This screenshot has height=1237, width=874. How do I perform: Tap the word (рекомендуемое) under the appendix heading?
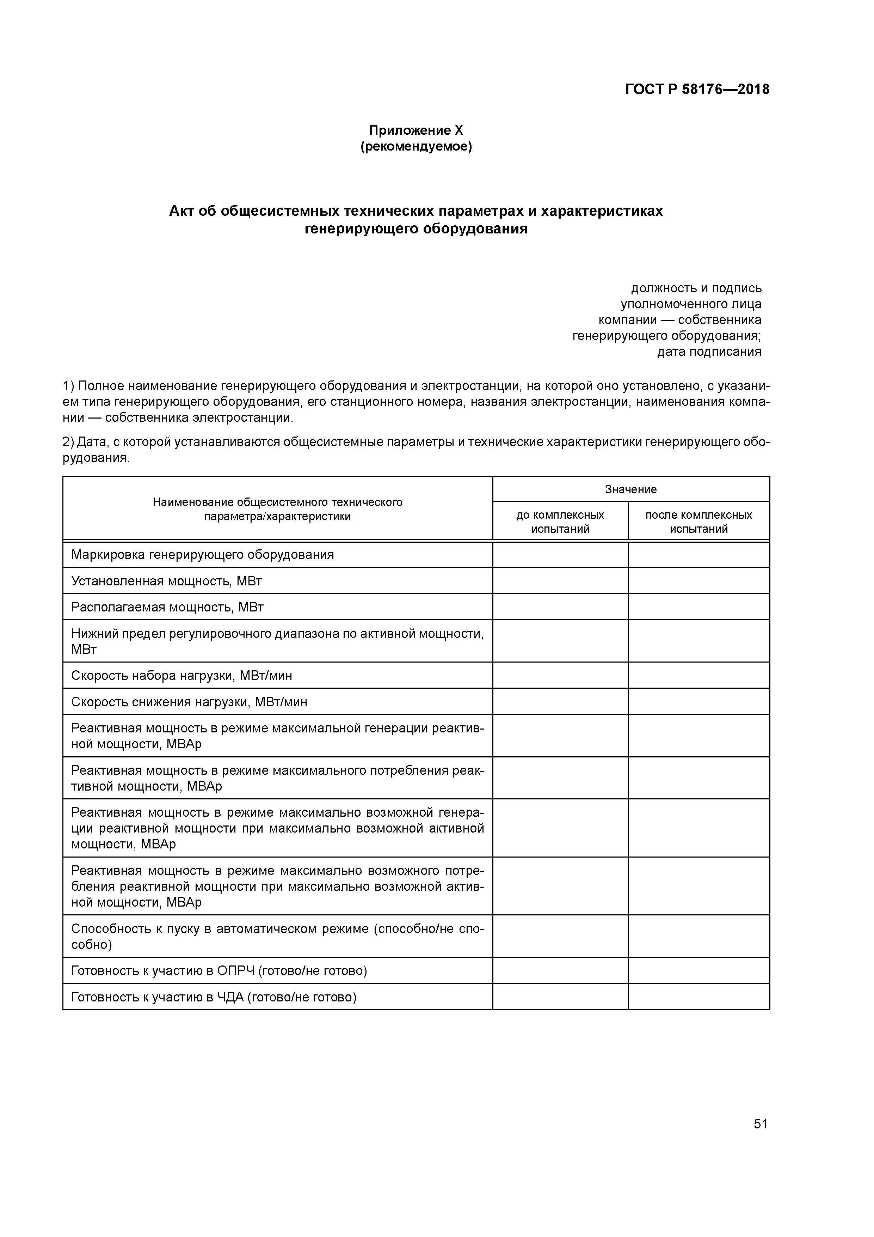tap(416, 147)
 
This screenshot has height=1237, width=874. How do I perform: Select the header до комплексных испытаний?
tap(560, 522)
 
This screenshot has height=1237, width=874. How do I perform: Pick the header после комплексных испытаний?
tap(698, 522)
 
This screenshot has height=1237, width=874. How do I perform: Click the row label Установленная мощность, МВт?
tap(166, 581)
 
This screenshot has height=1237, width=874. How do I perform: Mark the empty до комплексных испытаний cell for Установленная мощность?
tap(560, 581)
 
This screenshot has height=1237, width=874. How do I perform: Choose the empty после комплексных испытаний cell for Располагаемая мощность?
tap(698, 607)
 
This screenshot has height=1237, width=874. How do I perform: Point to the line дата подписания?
tap(709, 352)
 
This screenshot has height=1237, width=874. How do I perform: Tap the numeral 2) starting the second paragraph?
tap(68, 442)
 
